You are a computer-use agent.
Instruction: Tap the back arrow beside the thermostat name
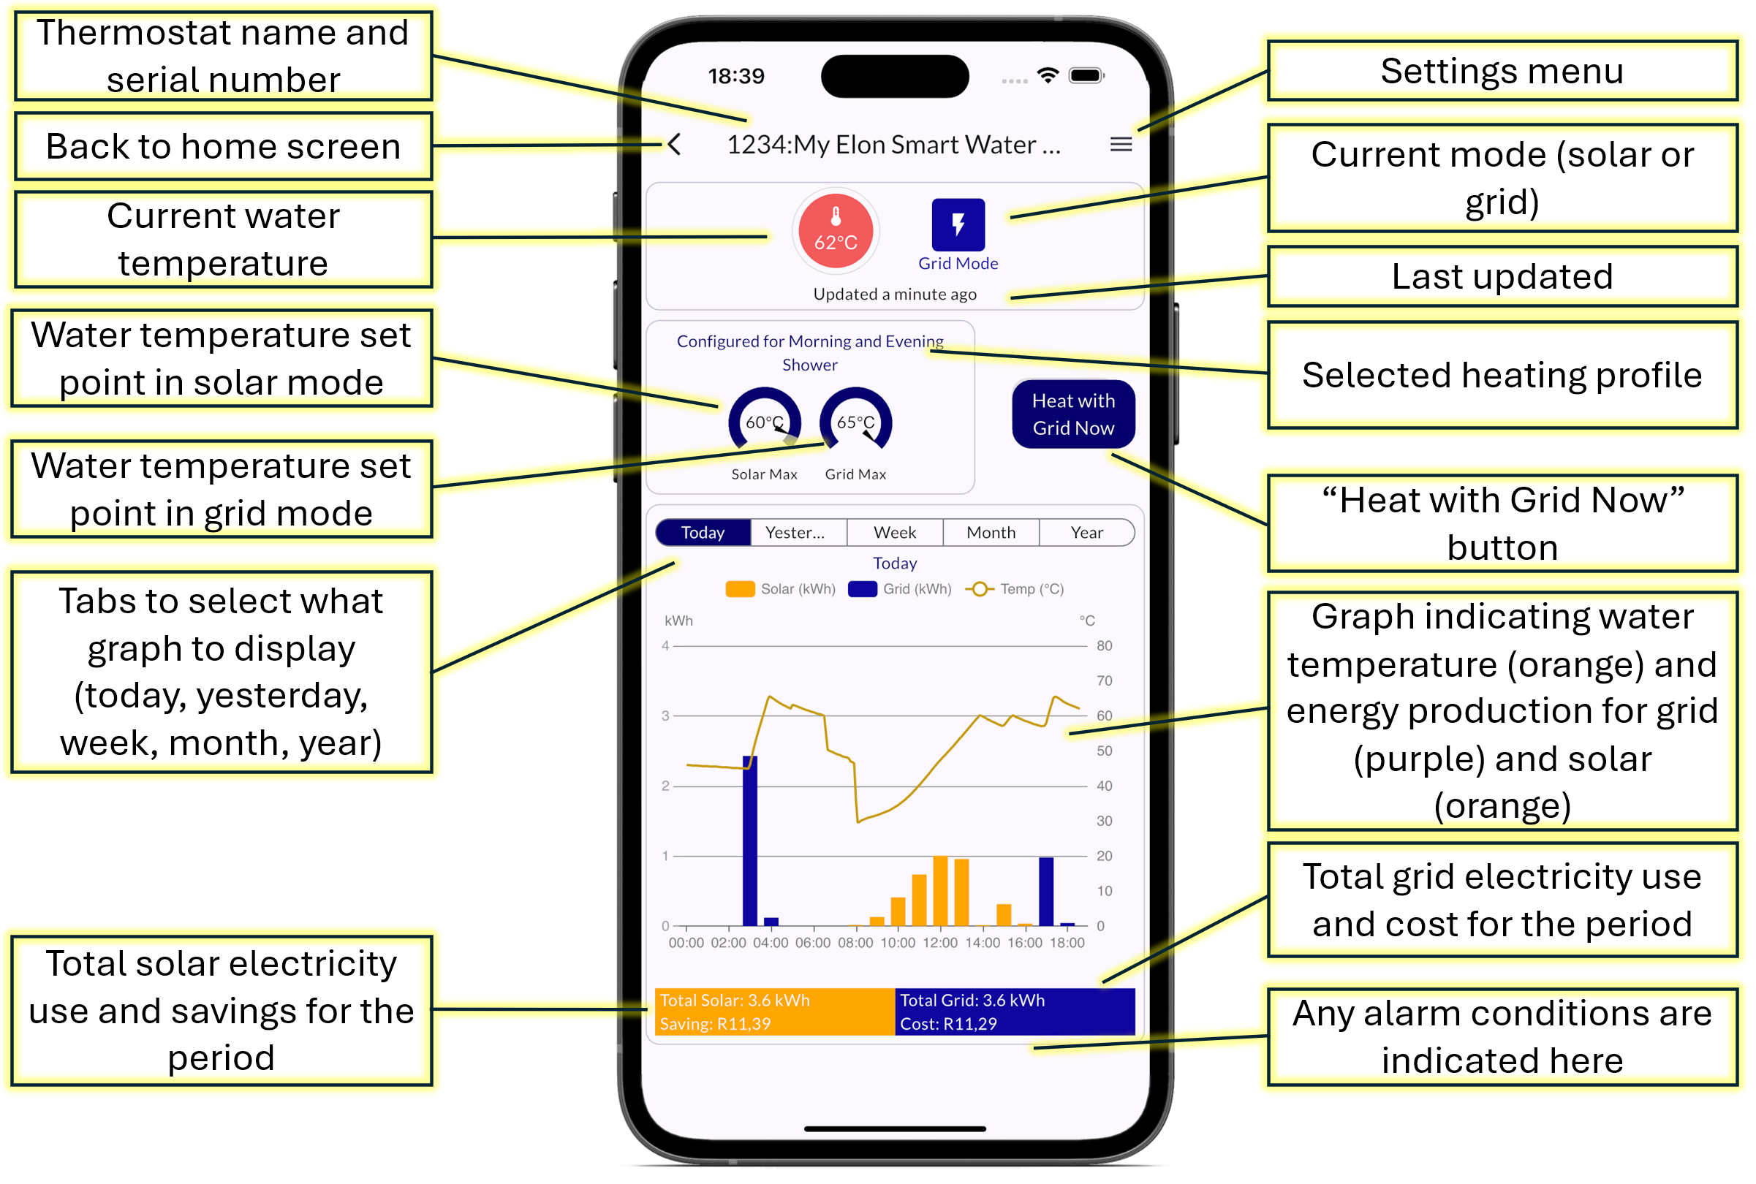(x=675, y=144)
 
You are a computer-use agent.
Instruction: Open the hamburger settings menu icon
(x=1121, y=144)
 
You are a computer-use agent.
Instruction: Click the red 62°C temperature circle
(x=836, y=230)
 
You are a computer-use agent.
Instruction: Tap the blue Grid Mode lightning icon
(x=958, y=224)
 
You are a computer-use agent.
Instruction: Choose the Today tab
(x=703, y=532)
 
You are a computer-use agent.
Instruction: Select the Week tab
(x=894, y=532)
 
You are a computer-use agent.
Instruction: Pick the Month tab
(x=990, y=532)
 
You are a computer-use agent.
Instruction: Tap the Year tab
(x=1086, y=532)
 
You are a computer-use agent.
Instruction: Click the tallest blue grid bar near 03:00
(x=749, y=840)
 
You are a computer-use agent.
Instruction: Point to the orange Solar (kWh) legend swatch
(x=739, y=589)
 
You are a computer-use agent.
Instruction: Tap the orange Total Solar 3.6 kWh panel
(x=774, y=1011)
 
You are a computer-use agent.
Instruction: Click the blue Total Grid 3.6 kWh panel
(x=1014, y=1011)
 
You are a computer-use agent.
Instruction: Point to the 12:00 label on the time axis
(x=939, y=942)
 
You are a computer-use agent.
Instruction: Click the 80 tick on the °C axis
(x=1103, y=645)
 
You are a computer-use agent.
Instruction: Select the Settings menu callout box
(x=1502, y=71)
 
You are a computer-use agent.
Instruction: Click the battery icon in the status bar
(x=1086, y=75)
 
